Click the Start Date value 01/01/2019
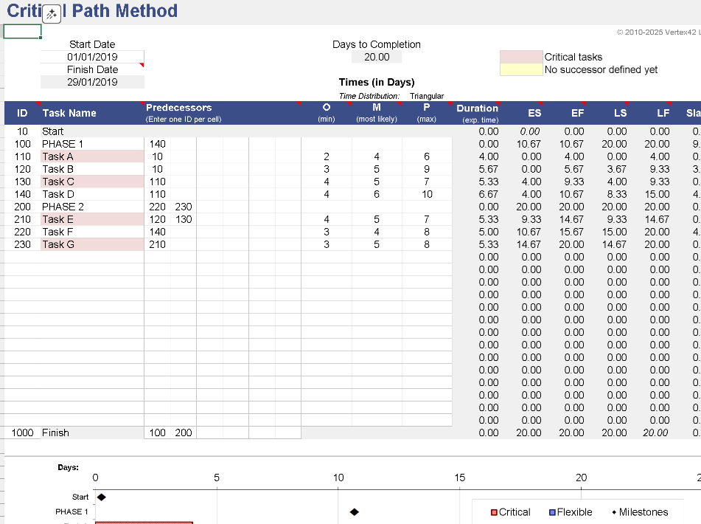coord(92,57)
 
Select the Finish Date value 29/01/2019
coord(92,82)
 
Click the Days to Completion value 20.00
coord(377,57)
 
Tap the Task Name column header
coord(69,113)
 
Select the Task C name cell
coord(58,182)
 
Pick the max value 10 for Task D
coord(427,194)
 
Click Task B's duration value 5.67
coord(488,169)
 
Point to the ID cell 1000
coord(23,432)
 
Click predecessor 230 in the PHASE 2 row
coord(184,207)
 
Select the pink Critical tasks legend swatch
coord(520,57)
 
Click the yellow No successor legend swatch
coord(520,69)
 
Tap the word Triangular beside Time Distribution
coord(427,96)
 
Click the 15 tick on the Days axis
coord(460,478)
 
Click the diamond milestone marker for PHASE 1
coord(354,511)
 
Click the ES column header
coord(534,113)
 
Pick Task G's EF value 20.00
coord(571,244)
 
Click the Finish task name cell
coord(55,432)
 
